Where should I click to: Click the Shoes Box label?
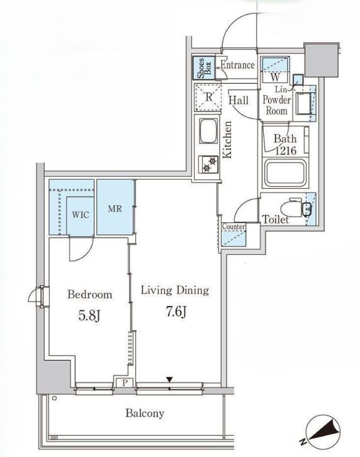[x=205, y=68]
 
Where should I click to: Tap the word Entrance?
[x=237, y=65]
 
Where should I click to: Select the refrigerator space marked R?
[x=208, y=98]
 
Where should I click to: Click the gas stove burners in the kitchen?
[x=209, y=164]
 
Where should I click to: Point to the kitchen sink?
[x=209, y=130]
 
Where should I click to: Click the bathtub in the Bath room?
[x=285, y=174]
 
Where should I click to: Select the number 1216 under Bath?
[x=286, y=150]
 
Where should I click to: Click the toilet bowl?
[x=292, y=208]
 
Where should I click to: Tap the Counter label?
[x=233, y=227]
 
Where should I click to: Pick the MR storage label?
[x=115, y=209]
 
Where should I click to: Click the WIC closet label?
[x=81, y=215]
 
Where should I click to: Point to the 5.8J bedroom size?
[x=89, y=315]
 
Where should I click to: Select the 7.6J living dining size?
[x=176, y=312]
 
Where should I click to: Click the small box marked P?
[x=125, y=382]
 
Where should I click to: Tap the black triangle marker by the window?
[x=170, y=380]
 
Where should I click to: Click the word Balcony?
[x=145, y=414]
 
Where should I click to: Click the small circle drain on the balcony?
[x=54, y=398]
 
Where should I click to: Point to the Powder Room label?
[x=277, y=105]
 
